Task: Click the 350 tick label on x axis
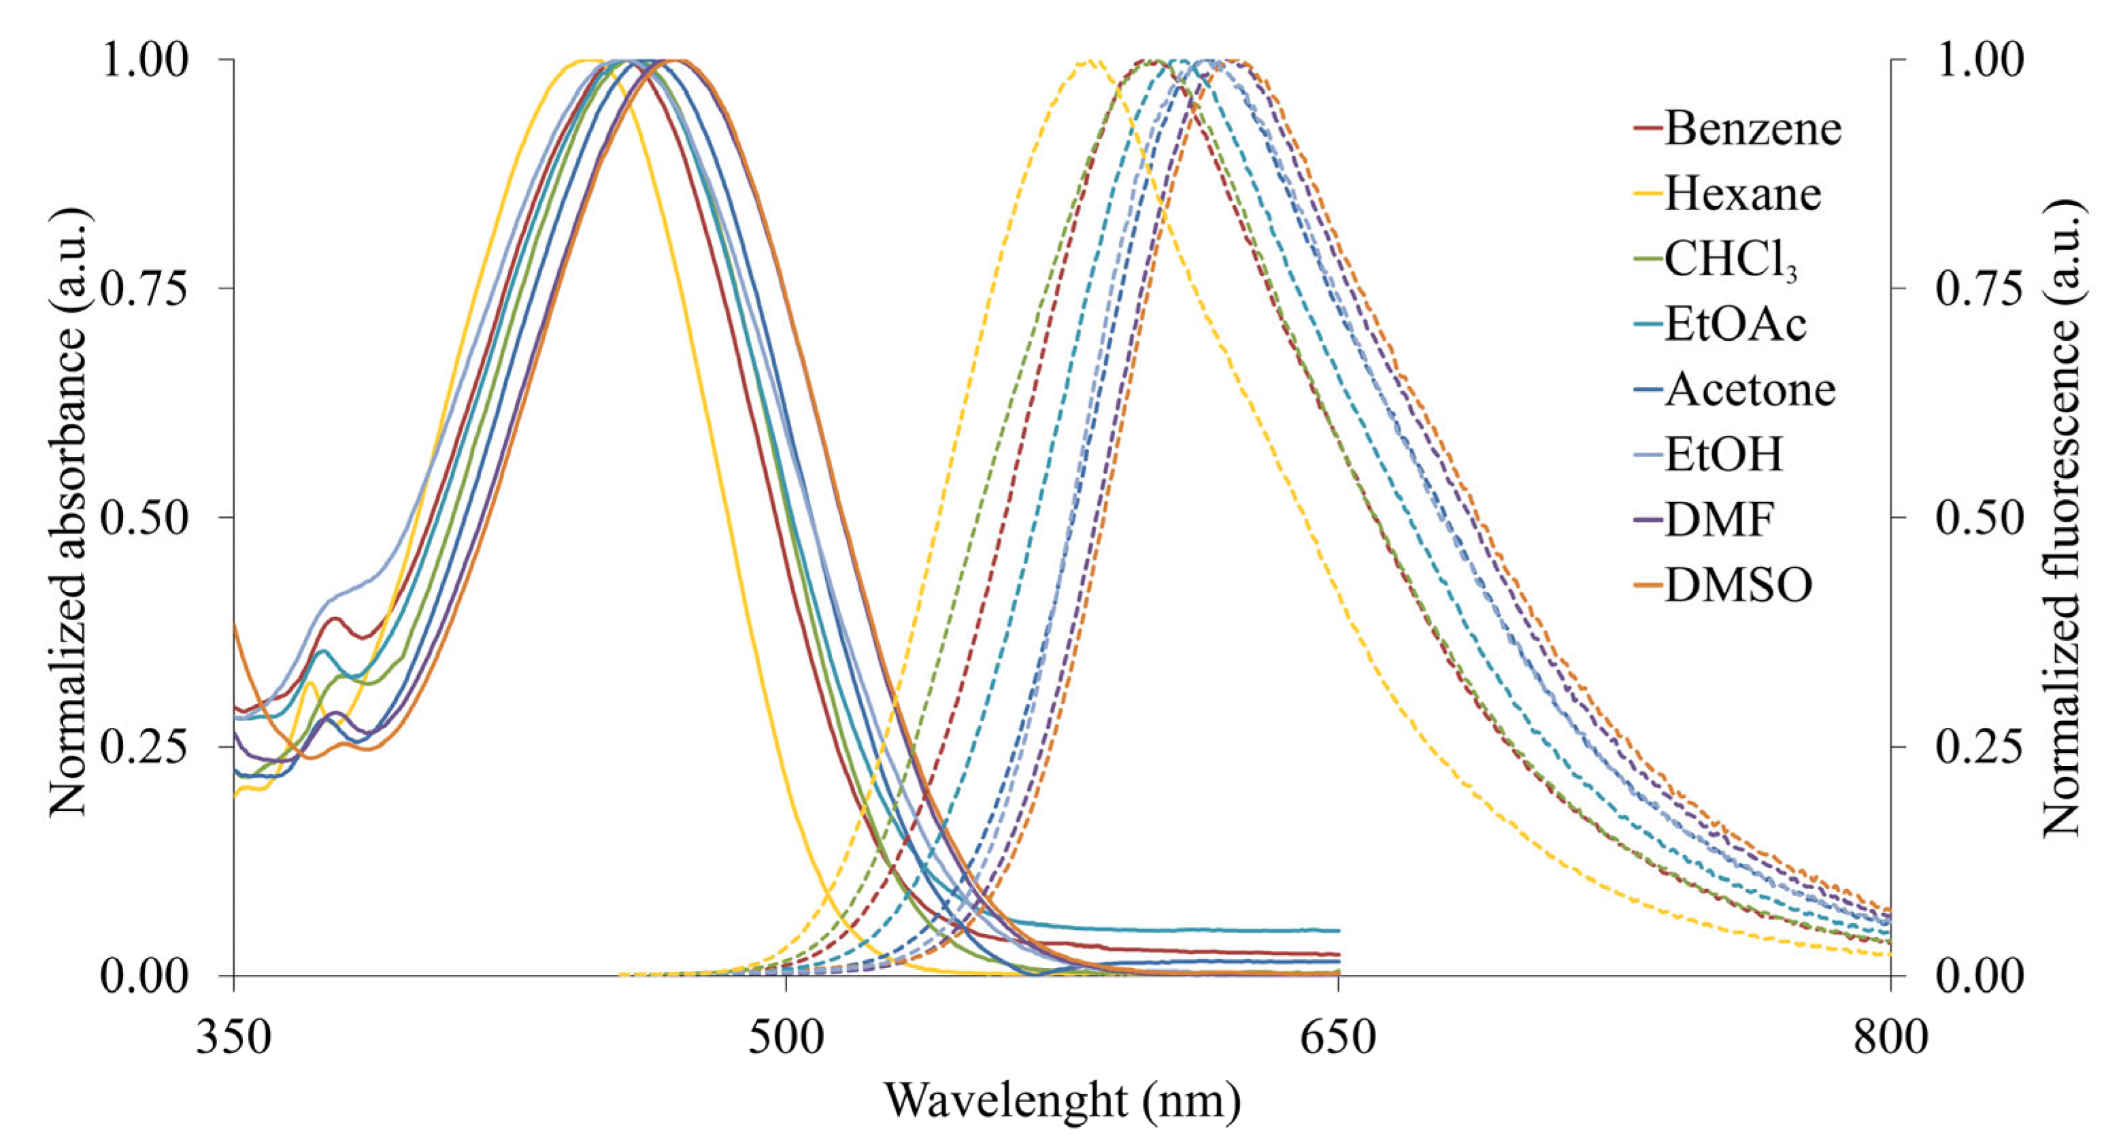pos(233,1037)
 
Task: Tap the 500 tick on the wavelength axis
pos(786,1037)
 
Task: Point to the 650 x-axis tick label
pos(1337,1037)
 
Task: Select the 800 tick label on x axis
pos(1890,1037)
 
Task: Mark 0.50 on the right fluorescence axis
pos(1978,518)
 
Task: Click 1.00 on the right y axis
pos(1978,60)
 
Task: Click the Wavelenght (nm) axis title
pos(1062,1101)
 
